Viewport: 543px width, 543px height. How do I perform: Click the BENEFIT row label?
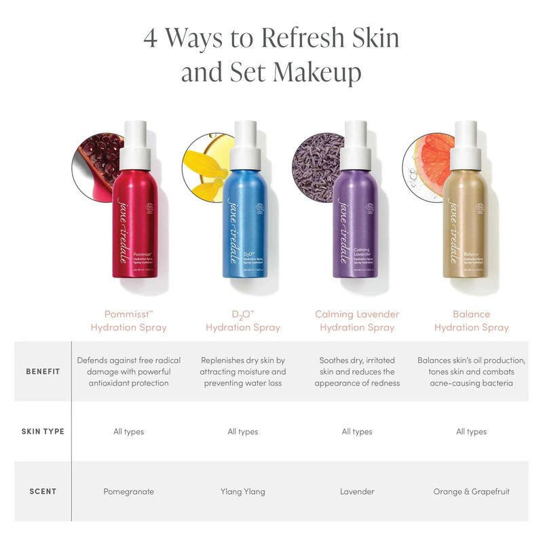click(x=42, y=372)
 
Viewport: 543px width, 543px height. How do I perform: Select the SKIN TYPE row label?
click(x=42, y=432)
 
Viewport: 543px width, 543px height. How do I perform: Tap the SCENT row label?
click(x=42, y=491)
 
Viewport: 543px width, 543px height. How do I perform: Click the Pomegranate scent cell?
click(x=129, y=491)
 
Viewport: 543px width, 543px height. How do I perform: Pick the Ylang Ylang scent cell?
click(x=243, y=491)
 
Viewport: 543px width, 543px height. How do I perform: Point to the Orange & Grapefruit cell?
click(x=471, y=491)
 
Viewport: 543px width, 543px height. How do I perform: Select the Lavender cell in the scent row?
click(x=357, y=491)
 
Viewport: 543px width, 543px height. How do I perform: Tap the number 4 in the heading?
click(x=151, y=38)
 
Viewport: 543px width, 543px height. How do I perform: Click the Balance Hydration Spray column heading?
click(x=471, y=320)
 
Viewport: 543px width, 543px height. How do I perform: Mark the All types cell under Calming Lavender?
click(x=357, y=432)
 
